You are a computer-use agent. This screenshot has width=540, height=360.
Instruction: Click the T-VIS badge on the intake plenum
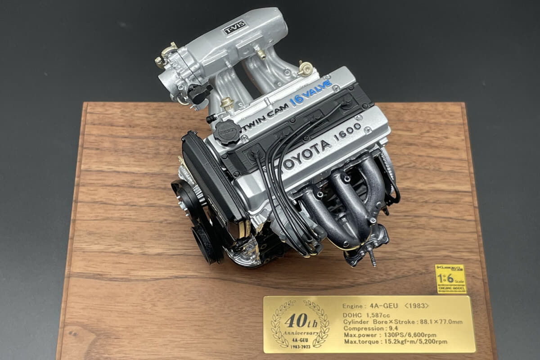[235, 27]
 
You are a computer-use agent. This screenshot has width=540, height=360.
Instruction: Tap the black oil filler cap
[228, 132]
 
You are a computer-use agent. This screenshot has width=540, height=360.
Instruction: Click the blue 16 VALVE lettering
[311, 92]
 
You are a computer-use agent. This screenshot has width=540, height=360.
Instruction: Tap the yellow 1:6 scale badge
[450, 279]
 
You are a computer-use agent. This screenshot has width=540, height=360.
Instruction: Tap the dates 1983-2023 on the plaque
[300, 345]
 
